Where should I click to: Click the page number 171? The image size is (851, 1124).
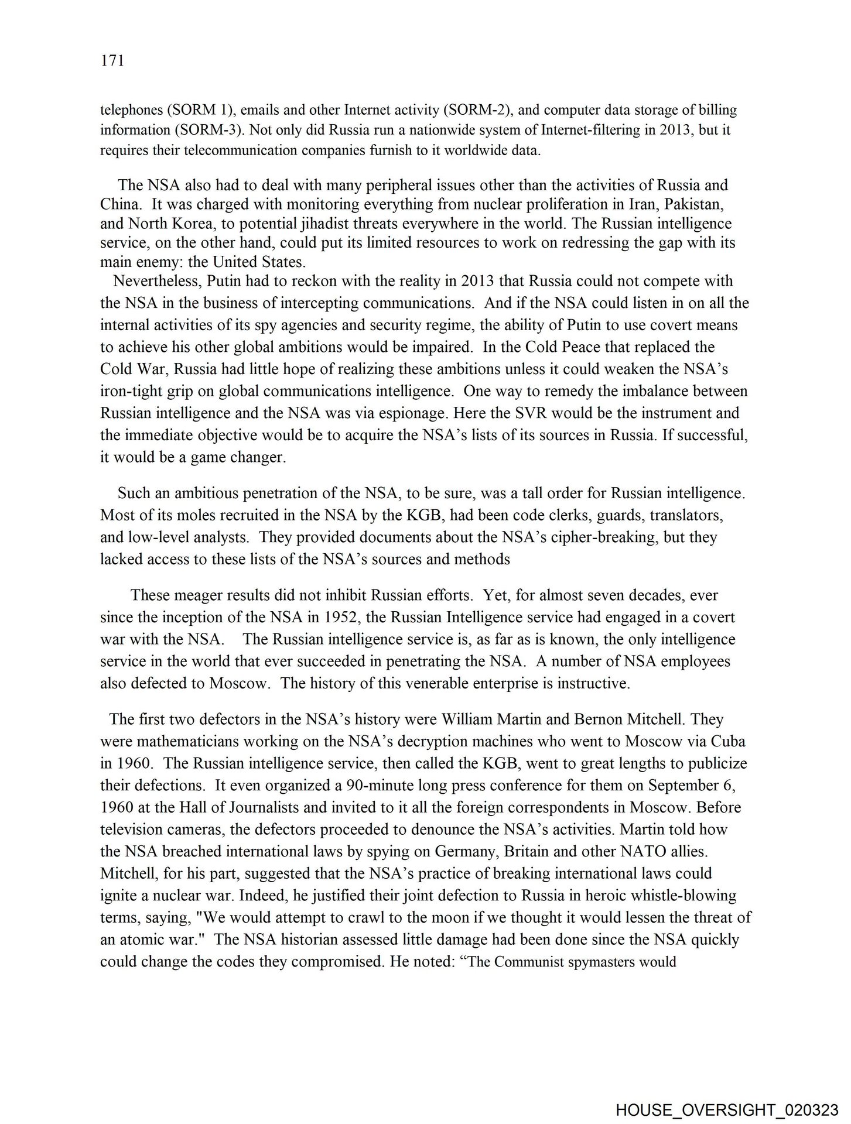[112, 61]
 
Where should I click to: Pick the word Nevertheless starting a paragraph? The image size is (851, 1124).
[158, 281]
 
